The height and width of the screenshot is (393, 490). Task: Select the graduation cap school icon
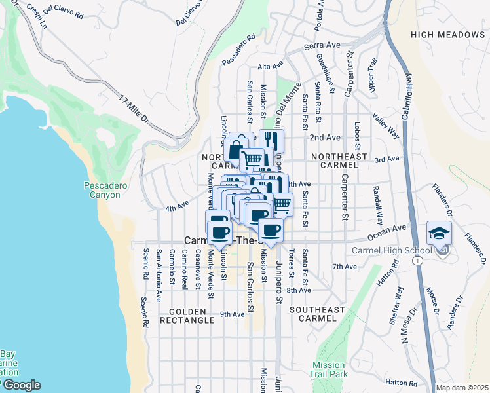coord(439,233)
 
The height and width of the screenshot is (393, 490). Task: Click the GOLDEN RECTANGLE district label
coord(191,315)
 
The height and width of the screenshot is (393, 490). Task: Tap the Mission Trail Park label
coord(328,369)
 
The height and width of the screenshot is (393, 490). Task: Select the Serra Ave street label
coord(324,46)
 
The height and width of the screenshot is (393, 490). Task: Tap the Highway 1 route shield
coord(416,260)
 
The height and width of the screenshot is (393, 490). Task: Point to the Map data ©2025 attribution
coord(461,388)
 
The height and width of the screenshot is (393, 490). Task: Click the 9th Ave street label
coord(232,314)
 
